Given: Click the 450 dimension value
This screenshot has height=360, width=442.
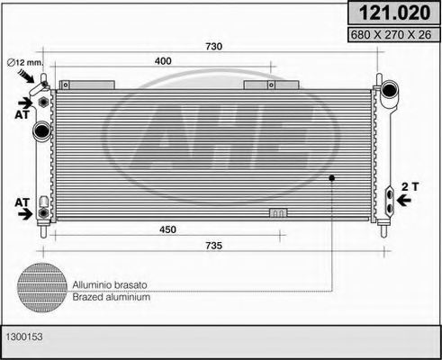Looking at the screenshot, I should [167, 229].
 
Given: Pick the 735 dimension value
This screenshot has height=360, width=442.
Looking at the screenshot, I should [213, 245].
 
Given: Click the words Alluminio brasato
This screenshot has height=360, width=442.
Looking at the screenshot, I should [112, 283].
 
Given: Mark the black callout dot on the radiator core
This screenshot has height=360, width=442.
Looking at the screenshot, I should [331, 177].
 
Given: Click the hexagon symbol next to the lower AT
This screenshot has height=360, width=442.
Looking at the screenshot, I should [42, 213].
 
